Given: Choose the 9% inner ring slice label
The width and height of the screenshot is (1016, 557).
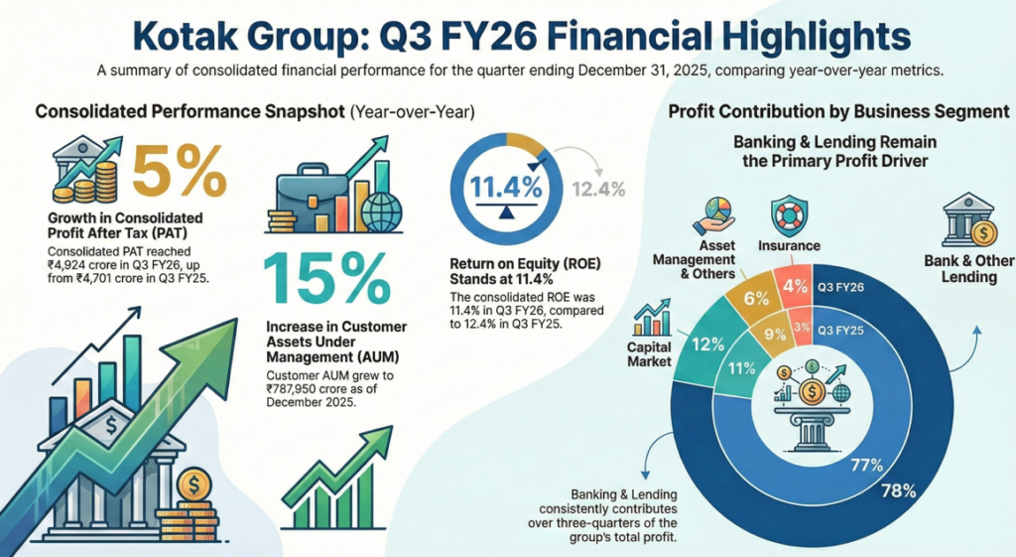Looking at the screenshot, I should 773,335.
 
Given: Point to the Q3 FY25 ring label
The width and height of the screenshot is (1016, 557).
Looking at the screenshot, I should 840,328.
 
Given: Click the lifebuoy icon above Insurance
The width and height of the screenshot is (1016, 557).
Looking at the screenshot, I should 790,214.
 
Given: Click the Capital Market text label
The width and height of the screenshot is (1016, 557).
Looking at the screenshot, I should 648,354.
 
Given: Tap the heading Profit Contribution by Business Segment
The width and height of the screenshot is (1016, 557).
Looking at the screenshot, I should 838,111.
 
